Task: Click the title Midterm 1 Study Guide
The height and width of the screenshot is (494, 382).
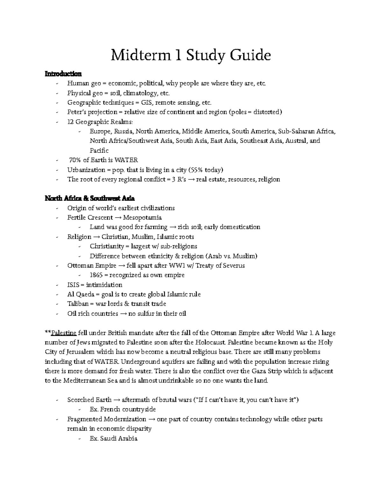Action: pyautogui.click(x=191, y=55)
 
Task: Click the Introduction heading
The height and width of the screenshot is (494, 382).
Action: pyautogui.click(x=63, y=74)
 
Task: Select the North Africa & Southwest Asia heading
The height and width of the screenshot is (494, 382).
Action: pyautogui.click(x=90, y=198)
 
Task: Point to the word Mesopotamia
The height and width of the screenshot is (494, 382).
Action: pyautogui.click(x=142, y=218)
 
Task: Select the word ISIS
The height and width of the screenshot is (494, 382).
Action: pyautogui.click(x=73, y=285)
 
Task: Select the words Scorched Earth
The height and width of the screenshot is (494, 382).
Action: pyautogui.click(x=89, y=400)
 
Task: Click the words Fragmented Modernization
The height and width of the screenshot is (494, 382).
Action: pyautogui.click(x=106, y=419)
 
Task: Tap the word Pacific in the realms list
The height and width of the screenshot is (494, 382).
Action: pyautogui.click(x=99, y=150)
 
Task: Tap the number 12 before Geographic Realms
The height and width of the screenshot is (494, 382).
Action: pyautogui.click(x=70, y=122)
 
